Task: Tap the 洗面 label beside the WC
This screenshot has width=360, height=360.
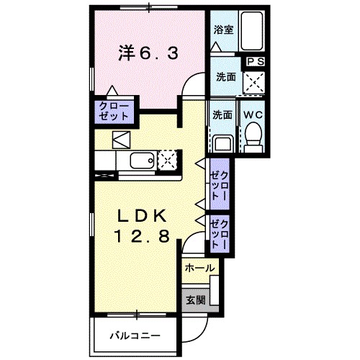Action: click(222, 114)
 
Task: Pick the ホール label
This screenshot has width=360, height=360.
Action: click(199, 268)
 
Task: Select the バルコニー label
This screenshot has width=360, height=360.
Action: click(135, 336)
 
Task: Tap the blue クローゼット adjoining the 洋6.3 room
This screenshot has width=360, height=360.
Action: click(114, 110)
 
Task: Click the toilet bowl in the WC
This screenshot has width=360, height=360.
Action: click(252, 135)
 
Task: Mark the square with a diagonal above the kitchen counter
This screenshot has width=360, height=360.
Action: click(120, 139)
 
